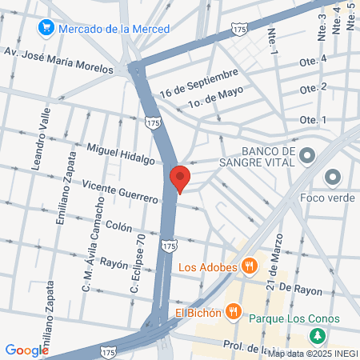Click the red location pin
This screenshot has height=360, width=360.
pos(179,178)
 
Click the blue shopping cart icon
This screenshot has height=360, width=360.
pos(46,29)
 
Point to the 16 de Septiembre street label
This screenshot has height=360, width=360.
pos(199,82)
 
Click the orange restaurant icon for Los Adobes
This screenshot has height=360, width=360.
pos(250,266)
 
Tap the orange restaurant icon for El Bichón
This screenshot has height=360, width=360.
pos(233,310)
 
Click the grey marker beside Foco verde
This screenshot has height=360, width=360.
pos(333,176)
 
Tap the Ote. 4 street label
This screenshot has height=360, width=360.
pos(313,60)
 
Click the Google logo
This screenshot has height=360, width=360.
pos(26,350)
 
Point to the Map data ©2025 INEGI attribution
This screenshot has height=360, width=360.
pos(311,354)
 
